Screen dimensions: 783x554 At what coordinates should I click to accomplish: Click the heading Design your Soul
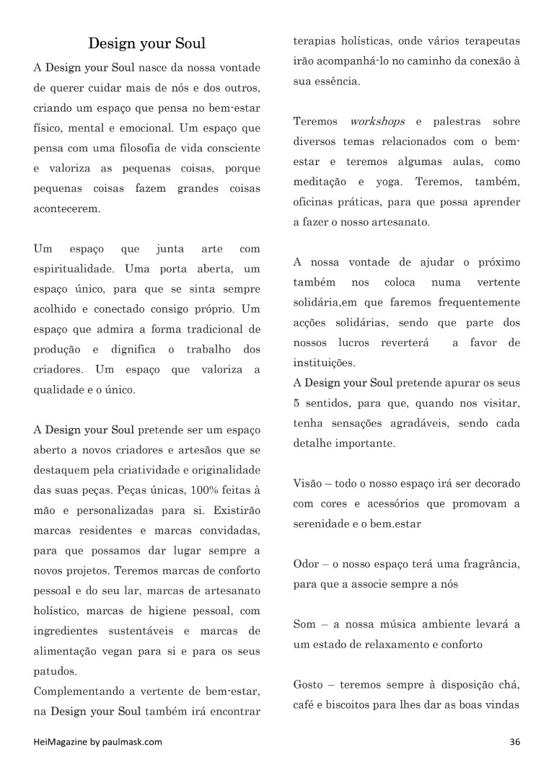[146, 43]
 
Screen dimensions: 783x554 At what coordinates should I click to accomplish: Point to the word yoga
[389, 182]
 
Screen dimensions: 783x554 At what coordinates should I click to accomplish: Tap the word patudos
[55, 671]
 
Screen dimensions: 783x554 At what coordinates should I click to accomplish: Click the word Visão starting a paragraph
[308, 483]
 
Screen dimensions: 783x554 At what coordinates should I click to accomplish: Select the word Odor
[307, 563]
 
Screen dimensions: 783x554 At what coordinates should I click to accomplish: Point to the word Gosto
[309, 684]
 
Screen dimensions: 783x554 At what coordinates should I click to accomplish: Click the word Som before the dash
[304, 624]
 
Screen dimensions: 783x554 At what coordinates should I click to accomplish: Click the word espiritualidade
[74, 269]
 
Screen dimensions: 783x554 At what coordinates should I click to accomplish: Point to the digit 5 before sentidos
[296, 403]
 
